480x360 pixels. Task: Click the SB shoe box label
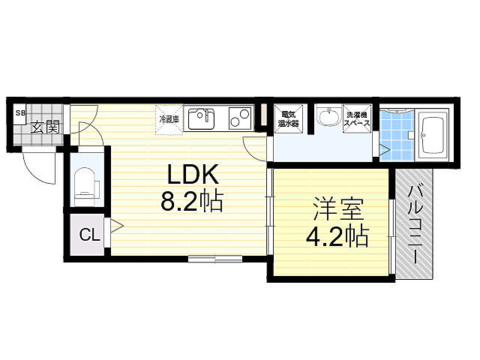coord(20,113)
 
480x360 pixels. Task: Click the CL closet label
coord(89,235)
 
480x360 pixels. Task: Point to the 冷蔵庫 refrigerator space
coord(169,118)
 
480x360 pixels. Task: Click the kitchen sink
coord(201,118)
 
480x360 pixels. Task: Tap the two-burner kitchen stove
coord(240,118)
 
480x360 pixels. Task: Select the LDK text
coord(192,175)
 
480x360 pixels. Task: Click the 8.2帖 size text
coord(192,202)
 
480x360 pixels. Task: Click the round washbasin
coord(328,118)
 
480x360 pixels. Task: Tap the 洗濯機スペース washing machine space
coord(358,120)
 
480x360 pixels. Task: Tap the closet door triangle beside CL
coord(116,224)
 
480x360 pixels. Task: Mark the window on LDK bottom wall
coord(216,259)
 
